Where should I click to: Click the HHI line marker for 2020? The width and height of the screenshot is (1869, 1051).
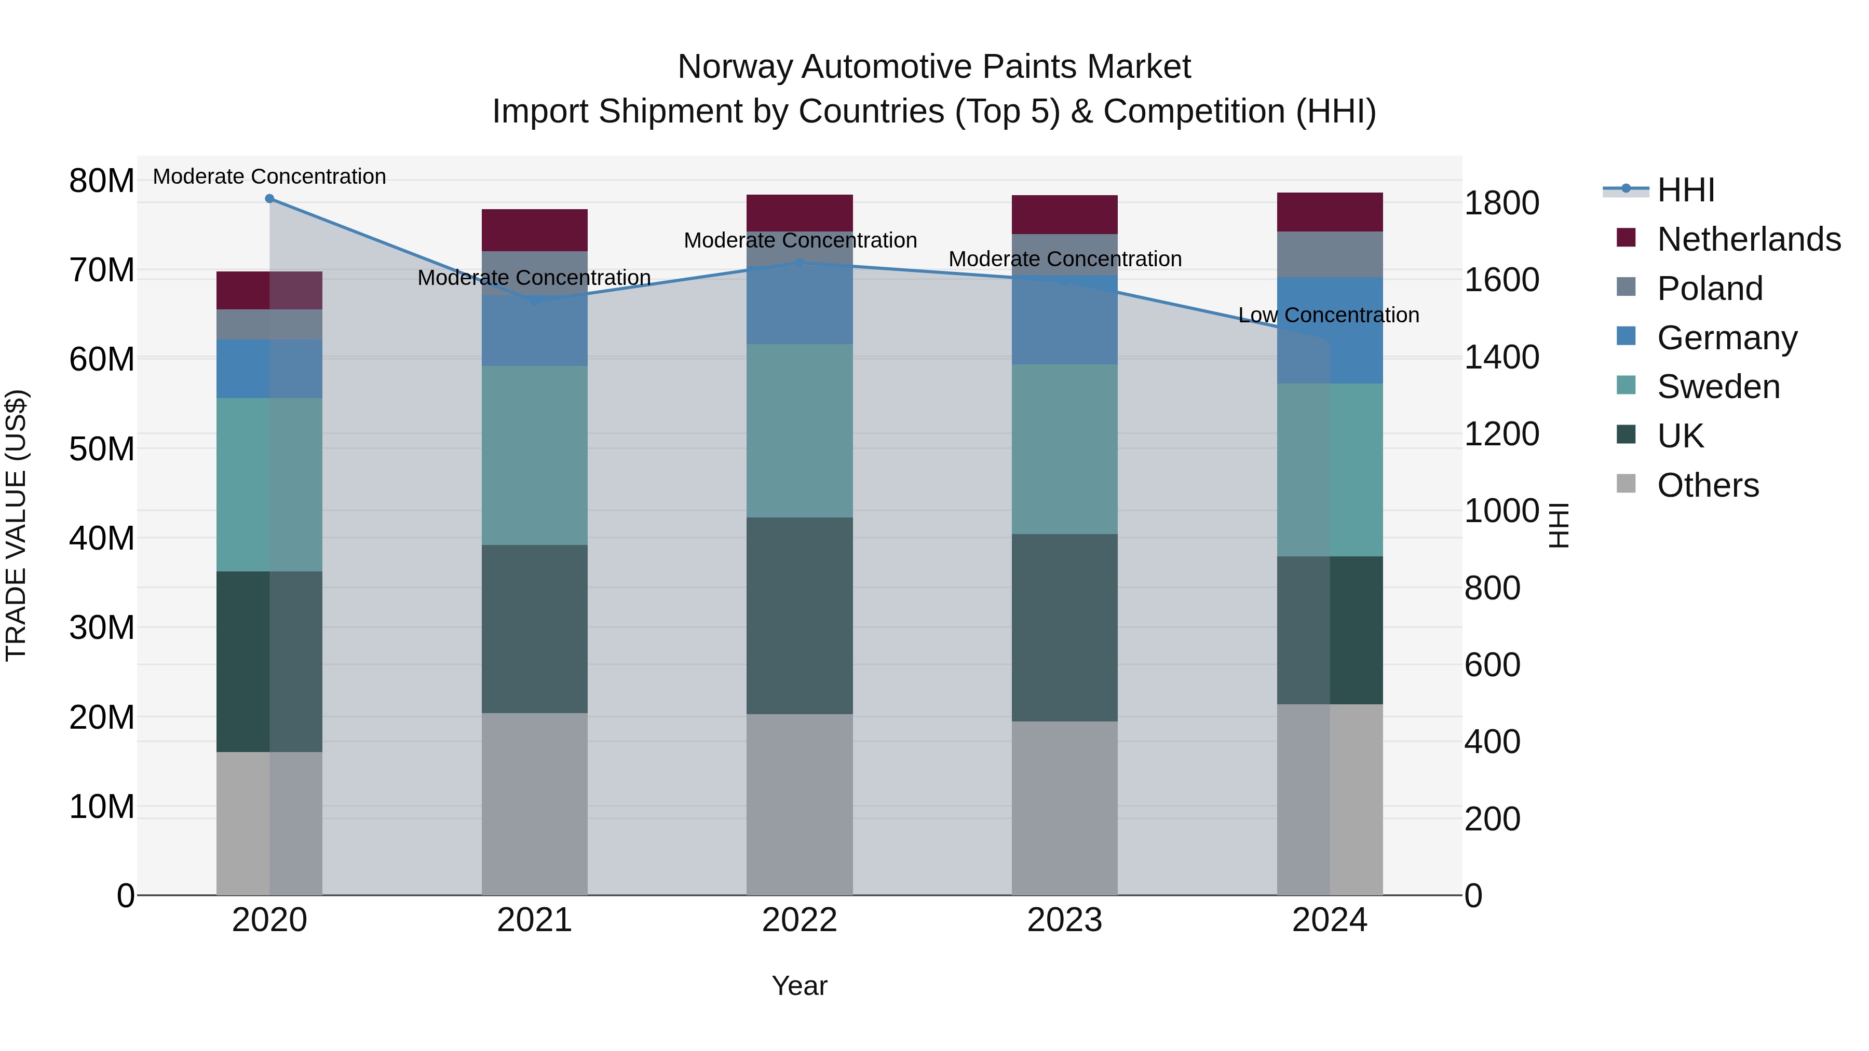click(269, 199)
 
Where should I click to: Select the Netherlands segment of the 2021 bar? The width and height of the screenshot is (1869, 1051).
click(534, 230)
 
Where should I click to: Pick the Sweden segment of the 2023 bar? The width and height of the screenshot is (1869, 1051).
click(1064, 449)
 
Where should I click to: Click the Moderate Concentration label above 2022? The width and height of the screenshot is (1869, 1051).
click(800, 240)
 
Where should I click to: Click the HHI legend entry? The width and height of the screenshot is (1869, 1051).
click(1685, 190)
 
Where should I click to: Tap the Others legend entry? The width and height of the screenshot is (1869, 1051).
click(1707, 485)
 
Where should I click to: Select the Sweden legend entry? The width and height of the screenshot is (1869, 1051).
click(1717, 387)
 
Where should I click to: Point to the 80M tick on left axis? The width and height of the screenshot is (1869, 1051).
click(102, 181)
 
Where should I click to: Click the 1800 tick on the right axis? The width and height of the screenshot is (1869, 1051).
click(1500, 203)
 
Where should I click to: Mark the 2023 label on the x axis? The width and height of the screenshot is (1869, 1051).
click(1064, 920)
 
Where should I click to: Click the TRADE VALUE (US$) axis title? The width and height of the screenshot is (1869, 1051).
click(17, 525)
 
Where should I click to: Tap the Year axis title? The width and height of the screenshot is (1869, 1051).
click(799, 986)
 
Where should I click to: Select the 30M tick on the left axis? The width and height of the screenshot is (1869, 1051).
click(102, 627)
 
